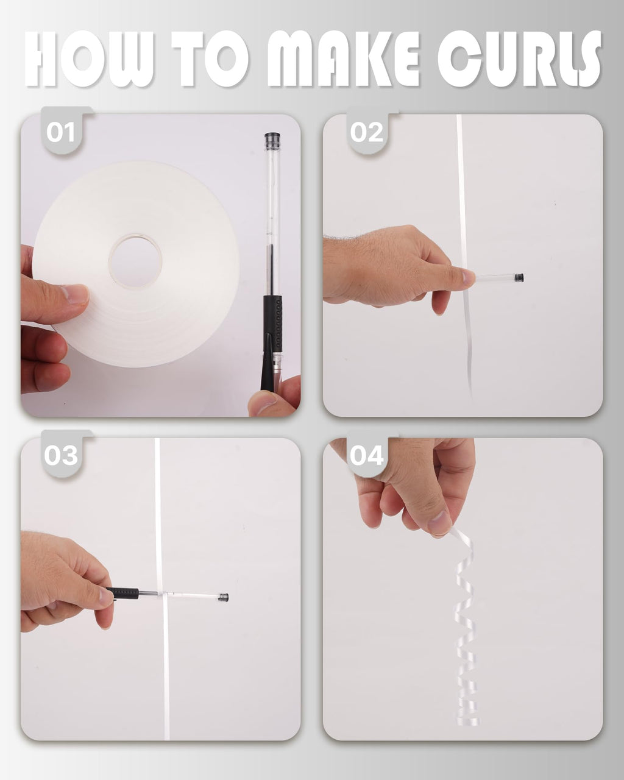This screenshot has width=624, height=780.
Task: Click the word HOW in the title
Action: [x=89, y=58]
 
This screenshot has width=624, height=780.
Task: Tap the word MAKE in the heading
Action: [x=343, y=58]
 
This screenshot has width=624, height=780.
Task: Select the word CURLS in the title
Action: [x=519, y=58]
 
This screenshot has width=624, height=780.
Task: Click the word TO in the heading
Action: [x=210, y=58]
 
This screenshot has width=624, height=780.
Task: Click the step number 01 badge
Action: [x=60, y=132]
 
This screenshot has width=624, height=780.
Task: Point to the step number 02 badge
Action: [x=366, y=132]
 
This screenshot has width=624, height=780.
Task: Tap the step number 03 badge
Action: [x=60, y=455]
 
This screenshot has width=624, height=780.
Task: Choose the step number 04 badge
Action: [x=366, y=455]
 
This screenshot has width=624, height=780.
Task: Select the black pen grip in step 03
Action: [x=123, y=594]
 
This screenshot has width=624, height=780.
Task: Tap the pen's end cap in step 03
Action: [x=223, y=597]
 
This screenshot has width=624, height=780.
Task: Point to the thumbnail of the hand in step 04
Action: [x=439, y=522]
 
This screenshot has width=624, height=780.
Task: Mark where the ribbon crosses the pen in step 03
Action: [x=161, y=594]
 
